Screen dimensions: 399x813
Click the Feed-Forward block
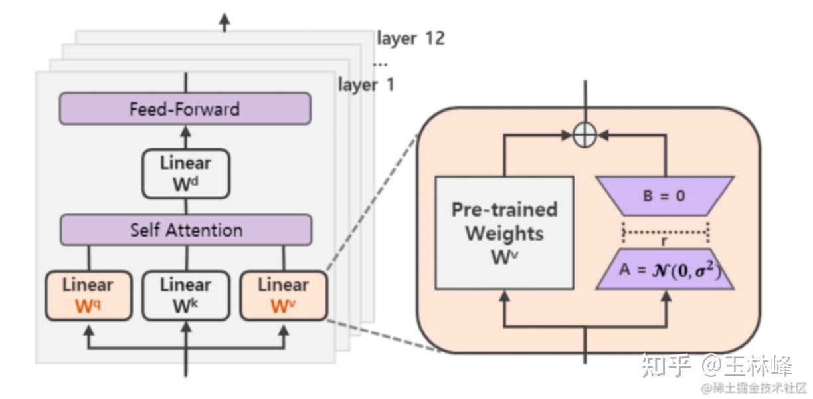coord(185,108)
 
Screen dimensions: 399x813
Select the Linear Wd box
coord(186,174)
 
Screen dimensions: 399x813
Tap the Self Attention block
coord(186,230)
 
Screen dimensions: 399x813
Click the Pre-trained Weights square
coord(504,232)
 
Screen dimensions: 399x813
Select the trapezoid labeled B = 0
coord(665,196)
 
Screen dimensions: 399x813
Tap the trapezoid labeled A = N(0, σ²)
coord(665,269)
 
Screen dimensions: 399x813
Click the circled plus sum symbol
coord(585,136)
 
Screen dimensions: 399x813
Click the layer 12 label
coord(410,39)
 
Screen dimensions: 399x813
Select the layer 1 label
coord(366,85)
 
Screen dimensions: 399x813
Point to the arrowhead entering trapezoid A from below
coord(666,296)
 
